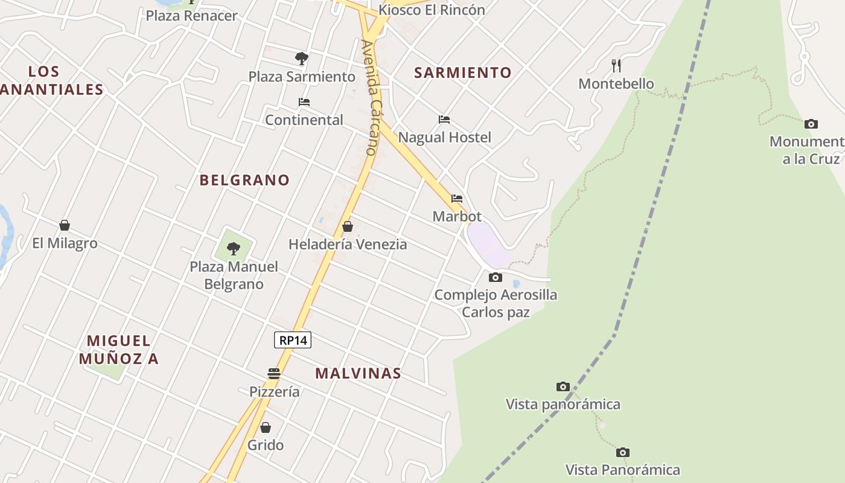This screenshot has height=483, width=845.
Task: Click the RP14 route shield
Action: (293, 340)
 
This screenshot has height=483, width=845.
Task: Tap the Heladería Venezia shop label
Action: (348, 245)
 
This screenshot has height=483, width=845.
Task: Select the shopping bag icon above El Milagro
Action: (65, 225)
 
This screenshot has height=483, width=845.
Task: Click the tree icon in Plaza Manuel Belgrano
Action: (234, 248)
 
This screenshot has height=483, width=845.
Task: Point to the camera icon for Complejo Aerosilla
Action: (495, 277)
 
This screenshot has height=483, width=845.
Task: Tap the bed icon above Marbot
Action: (457, 198)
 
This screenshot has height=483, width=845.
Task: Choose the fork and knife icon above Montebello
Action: (616, 65)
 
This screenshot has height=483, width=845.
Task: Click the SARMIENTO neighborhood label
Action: (463, 73)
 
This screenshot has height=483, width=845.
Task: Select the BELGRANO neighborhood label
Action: (244, 180)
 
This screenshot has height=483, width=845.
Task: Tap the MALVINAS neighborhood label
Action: (358, 373)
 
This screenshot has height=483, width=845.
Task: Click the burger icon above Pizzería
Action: (274, 373)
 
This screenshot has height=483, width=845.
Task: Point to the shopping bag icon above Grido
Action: (266, 427)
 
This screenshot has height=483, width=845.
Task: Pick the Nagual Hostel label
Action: (445, 138)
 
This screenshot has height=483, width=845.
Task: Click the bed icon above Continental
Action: (304, 102)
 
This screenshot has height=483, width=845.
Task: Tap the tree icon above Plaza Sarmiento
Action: (302, 59)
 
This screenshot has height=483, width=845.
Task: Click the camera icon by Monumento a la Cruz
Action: (811, 124)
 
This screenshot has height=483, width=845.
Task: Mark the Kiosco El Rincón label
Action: (432, 10)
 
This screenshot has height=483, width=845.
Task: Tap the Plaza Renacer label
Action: (192, 16)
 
